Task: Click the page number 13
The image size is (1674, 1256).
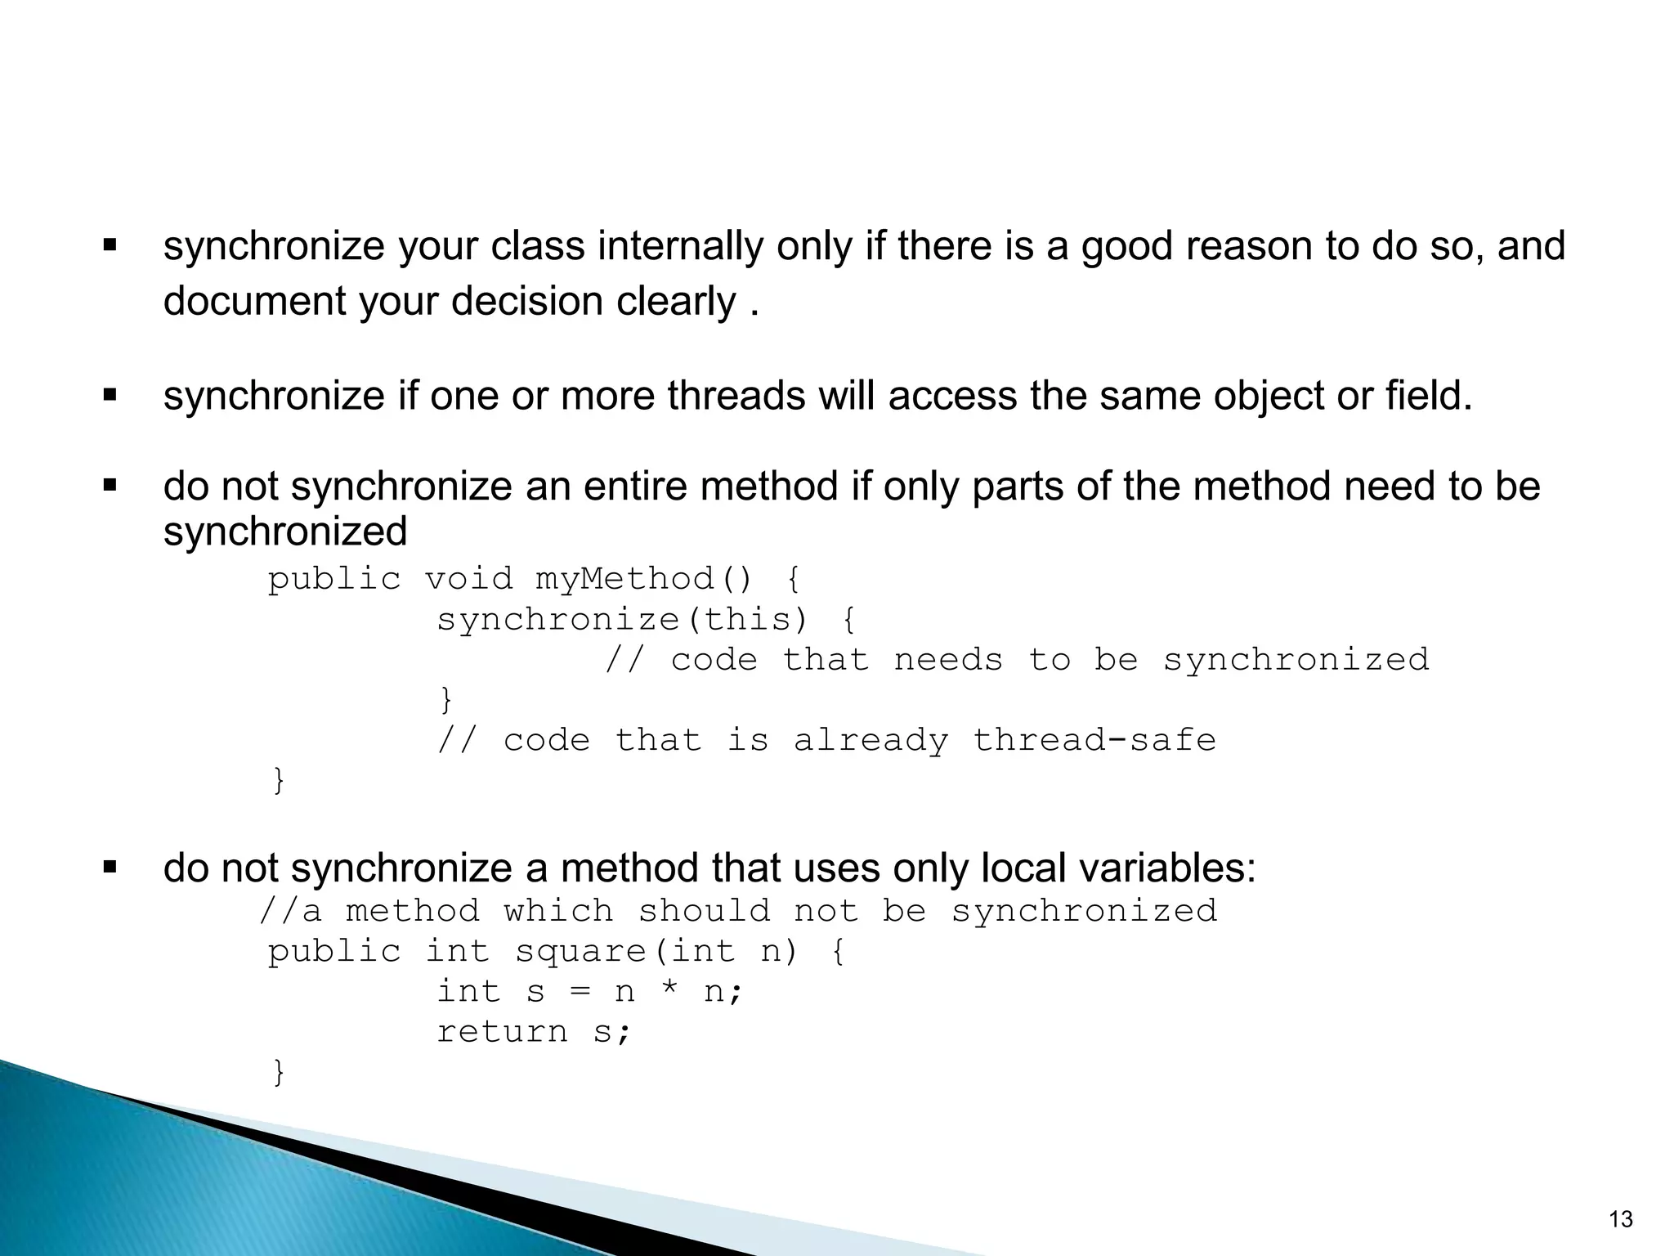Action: click(1620, 1219)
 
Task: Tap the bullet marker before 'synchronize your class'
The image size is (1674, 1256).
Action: click(110, 244)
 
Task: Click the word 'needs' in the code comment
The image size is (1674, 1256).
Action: click(948, 659)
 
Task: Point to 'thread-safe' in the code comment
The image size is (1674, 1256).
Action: click(1094, 740)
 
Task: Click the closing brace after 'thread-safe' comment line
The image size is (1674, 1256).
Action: click(279, 779)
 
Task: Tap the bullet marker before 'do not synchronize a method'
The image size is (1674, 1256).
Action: click(110, 867)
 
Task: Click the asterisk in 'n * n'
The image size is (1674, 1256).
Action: click(670, 991)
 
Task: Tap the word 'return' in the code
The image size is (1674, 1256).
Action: click(502, 1031)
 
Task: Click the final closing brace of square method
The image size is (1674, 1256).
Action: click(279, 1071)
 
